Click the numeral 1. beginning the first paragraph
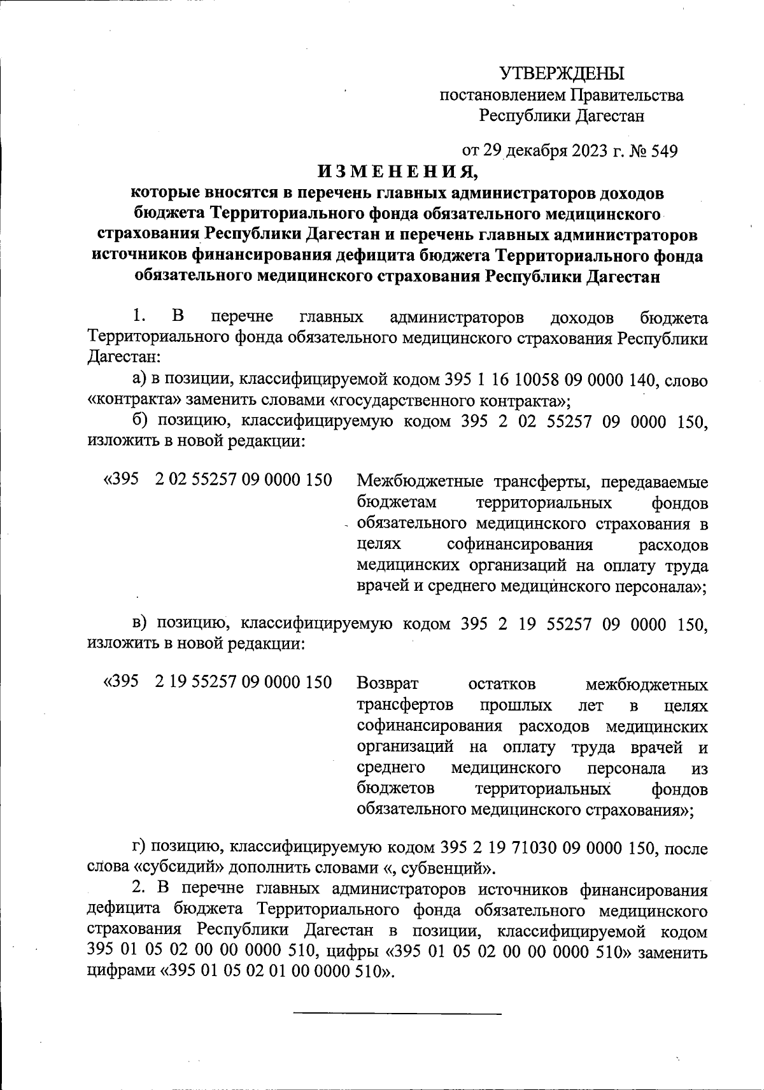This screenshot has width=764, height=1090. (x=139, y=316)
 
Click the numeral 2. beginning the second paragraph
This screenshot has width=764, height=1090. (x=139, y=889)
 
